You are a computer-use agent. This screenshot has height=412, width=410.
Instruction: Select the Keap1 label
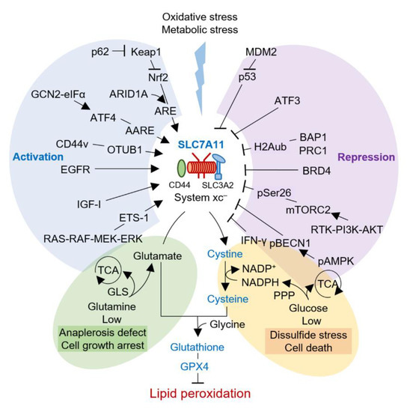pyautogui.click(x=146, y=54)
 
